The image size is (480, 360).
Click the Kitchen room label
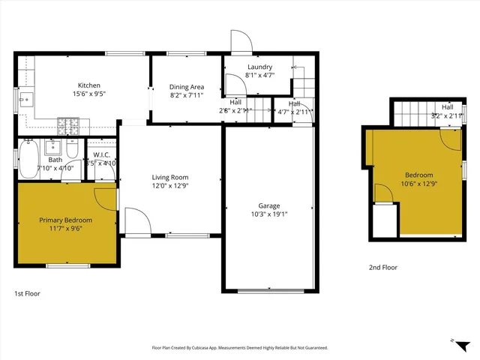89,85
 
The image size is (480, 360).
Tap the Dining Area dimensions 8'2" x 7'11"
187,95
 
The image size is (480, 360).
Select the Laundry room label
259,67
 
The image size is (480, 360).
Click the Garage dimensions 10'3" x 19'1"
268,214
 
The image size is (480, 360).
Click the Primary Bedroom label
66,220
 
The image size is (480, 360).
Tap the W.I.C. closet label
101,156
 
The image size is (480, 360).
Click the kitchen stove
68,127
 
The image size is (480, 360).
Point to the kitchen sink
24,98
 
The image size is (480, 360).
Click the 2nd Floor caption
382,267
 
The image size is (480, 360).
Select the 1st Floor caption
28,293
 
